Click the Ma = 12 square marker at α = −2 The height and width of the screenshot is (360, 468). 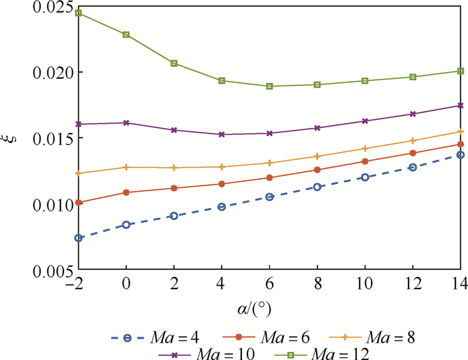[78, 13]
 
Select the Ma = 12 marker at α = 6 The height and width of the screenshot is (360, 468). [269, 86]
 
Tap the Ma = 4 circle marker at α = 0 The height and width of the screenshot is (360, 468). [126, 225]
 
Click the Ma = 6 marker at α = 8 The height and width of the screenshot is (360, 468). [317, 170]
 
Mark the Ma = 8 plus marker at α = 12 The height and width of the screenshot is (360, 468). [413, 141]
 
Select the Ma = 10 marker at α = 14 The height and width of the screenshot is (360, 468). [460, 106]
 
